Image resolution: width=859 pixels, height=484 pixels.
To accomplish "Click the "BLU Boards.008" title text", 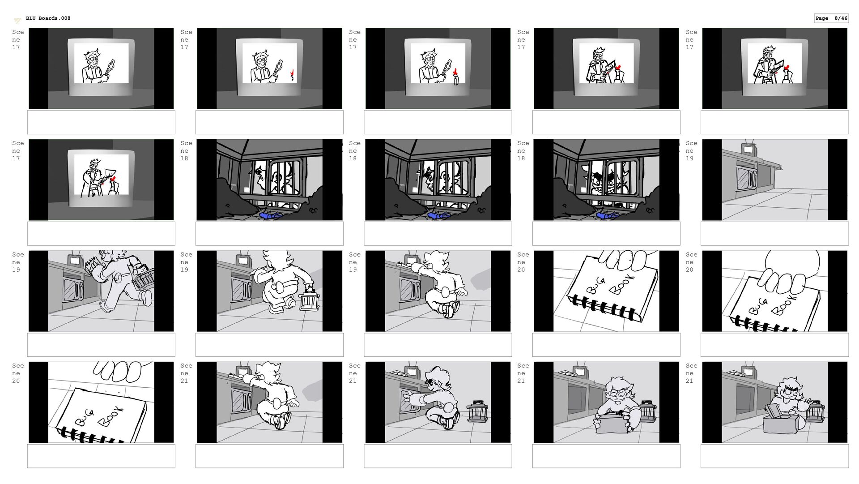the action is (x=48, y=18).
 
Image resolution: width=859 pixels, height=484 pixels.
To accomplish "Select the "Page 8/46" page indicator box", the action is (x=831, y=18).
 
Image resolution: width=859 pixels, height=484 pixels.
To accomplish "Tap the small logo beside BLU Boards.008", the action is (x=17, y=20).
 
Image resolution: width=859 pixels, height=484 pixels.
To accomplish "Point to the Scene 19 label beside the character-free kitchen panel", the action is (x=691, y=150).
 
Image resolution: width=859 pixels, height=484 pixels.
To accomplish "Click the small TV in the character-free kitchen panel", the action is (x=748, y=149).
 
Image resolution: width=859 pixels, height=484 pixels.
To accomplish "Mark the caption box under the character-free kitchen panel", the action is (x=774, y=233).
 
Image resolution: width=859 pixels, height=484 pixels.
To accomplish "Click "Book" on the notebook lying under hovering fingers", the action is (x=111, y=416).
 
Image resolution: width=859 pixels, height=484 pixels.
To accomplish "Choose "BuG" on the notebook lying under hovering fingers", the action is (x=85, y=419).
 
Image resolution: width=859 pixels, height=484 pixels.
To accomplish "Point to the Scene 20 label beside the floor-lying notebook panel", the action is (x=18, y=373).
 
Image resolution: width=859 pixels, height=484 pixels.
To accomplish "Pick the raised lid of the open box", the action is (x=772, y=410).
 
